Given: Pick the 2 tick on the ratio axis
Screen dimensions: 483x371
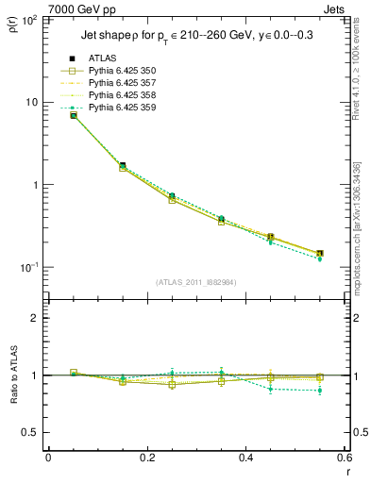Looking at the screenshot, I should pyautogui.click(x=35, y=318).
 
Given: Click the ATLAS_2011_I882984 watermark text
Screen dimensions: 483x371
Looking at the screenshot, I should pyautogui.click(x=197, y=282).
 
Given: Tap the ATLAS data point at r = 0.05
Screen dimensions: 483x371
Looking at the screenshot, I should pyautogui.click(x=74, y=115).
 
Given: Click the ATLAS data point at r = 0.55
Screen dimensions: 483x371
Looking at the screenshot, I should pyautogui.click(x=320, y=253).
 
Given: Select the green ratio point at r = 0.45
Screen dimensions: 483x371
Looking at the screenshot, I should pyautogui.click(x=271, y=389).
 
